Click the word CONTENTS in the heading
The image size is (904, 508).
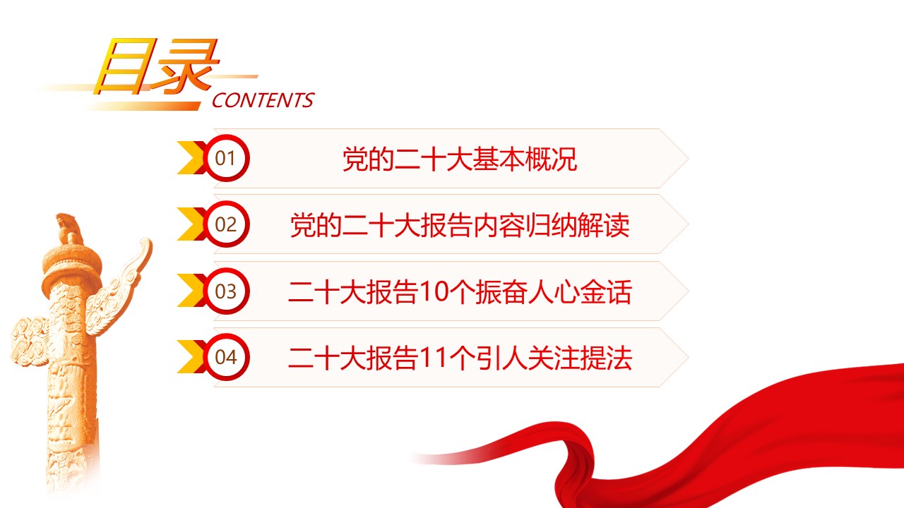coord(263,100)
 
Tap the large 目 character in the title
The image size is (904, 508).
coord(125,66)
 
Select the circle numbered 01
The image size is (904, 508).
coord(226,158)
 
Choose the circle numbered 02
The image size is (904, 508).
coord(226,224)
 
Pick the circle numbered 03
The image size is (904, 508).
coord(226,291)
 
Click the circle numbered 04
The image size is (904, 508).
coord(226,357)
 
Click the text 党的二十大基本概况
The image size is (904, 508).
coord(460,159)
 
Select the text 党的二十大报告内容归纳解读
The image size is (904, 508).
coord(460,225)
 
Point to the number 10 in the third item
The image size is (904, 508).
coord(434,291)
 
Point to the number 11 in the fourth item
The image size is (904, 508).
coord(433,358)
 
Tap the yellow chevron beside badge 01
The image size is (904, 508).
coord(190,157)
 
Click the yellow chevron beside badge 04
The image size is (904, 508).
coord(190,357)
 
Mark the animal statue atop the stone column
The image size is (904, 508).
coord(68,228)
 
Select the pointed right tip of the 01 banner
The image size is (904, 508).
coord(689,159)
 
